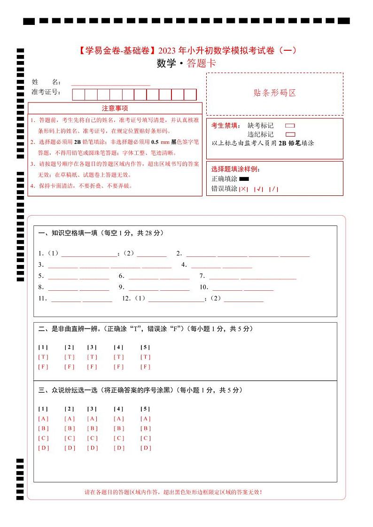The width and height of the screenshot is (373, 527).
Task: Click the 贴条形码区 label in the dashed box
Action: coord(275,93)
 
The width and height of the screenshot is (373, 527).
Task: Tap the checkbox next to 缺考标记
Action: coord(290,126)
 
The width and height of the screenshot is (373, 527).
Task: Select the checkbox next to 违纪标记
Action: coord(290,134)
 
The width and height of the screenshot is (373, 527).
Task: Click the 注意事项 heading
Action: coord(115,108)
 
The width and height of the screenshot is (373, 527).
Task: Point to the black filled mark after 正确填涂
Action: coord(244,179)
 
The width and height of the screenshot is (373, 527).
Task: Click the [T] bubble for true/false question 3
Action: coord(92,357)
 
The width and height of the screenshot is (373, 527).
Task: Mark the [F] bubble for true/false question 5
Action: coord(146,367)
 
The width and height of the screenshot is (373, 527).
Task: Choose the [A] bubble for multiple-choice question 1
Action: coord(43,418)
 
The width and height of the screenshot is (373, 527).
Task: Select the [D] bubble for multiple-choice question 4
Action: coord(119,448)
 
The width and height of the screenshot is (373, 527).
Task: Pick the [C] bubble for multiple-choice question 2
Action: coord(70,438)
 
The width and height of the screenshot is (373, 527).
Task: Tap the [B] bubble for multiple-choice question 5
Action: coord(146,428)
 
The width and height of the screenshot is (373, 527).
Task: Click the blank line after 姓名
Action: coord(110,83)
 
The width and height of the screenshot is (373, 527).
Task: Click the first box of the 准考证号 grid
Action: coord(78,94)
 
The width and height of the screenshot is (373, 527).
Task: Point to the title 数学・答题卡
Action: coord(186,64)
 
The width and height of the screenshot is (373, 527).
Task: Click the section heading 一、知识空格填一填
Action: coord(101,233)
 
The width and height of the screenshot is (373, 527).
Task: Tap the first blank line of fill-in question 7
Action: coord(224,276)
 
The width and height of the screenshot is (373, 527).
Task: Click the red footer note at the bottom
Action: coord(173,492)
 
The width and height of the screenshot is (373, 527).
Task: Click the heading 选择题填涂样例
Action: coord(235,169)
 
